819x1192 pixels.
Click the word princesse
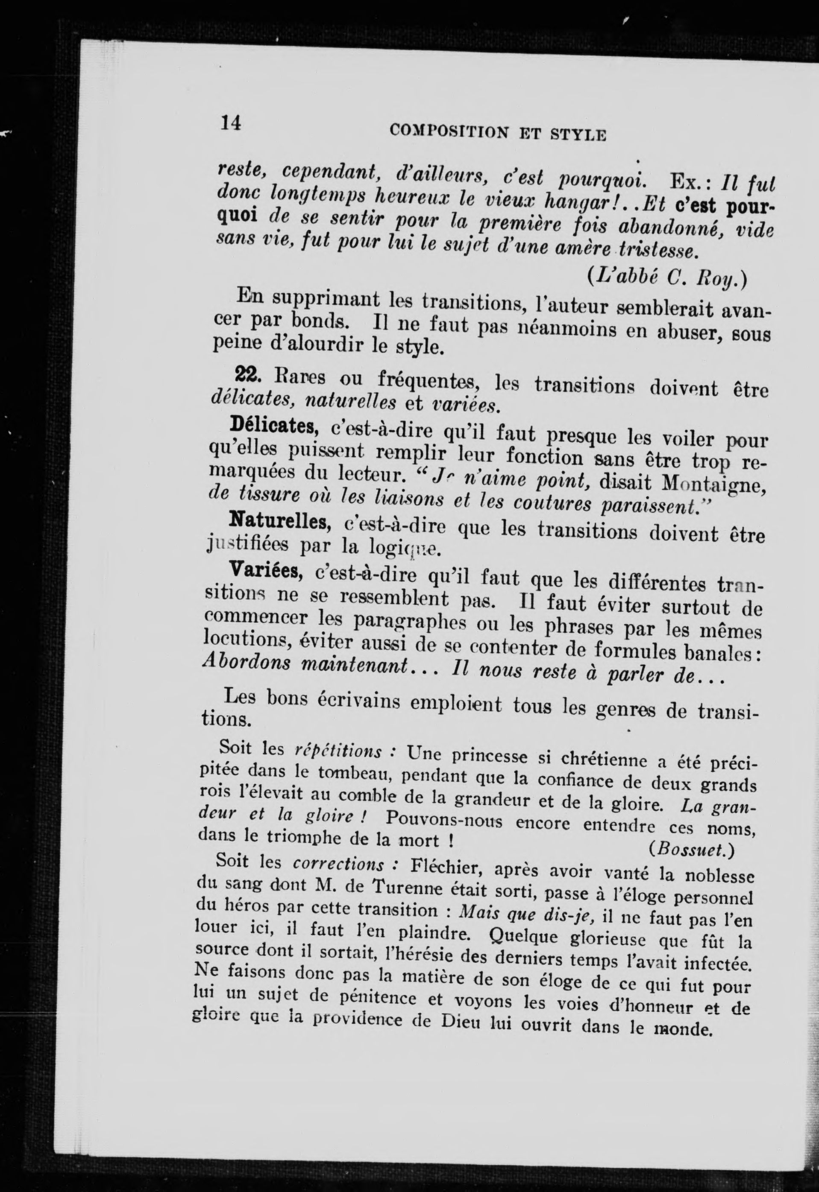[482, 756]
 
